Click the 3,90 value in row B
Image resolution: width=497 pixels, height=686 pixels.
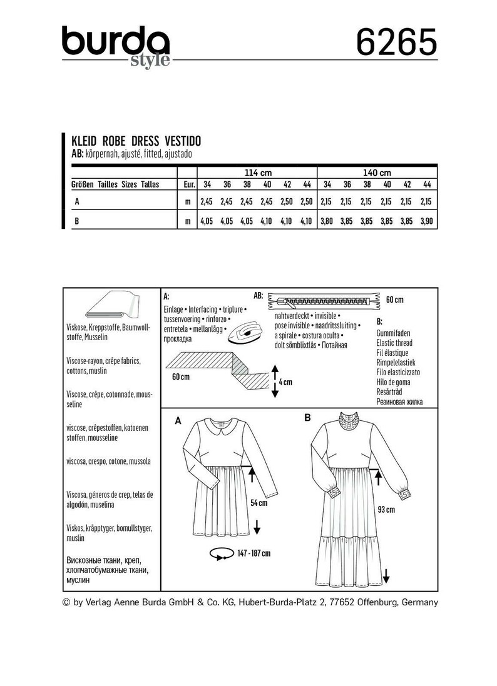(427, 221)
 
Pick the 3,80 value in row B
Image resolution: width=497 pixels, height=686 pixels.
(327, 221)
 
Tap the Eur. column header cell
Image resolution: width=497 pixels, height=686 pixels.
(187, 184)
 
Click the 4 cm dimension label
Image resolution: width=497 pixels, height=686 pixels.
(285, 381)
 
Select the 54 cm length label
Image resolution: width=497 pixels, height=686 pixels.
(259, 502)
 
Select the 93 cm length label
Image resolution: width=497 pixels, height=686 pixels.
(386, 510)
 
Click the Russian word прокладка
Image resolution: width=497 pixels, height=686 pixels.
(183, 338)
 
